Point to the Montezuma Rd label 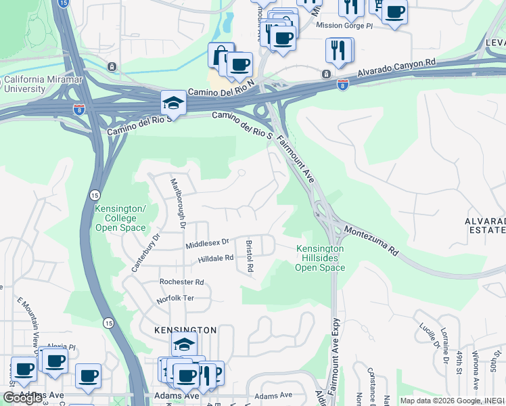click(371, 240)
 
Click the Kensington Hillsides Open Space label click(320, 258)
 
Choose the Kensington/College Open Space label click(120, 218)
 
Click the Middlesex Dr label click(208, 242)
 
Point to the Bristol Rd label click(250, 255)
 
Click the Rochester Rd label click(181, 281)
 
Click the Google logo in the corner click(22, 398)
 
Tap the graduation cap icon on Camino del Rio click(173, 104)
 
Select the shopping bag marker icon click(221, 53)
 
